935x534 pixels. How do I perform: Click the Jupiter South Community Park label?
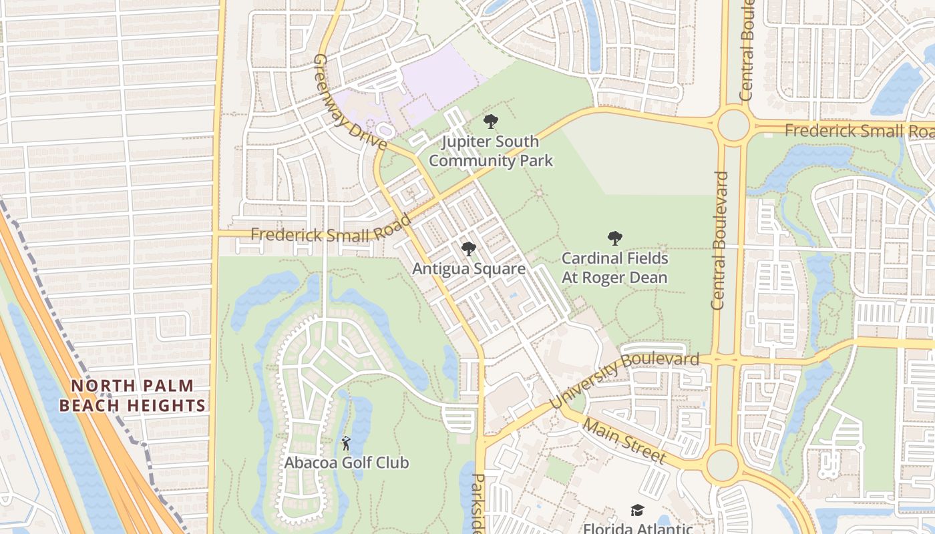491,152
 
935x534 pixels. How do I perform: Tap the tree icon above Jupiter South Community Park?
491,121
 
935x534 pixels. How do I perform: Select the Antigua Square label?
469,269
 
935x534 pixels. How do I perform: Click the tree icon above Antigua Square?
469,249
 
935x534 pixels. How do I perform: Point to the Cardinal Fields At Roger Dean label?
614,268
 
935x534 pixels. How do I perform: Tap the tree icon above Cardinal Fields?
614,238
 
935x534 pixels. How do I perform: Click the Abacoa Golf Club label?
347,463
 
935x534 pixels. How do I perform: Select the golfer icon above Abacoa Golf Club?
346,443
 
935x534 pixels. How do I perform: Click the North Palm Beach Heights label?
132,395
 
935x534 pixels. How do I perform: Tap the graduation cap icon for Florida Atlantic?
637,511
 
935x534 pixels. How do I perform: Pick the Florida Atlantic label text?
637,528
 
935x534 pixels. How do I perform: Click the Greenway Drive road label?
349,102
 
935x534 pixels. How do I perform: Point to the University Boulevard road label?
624,380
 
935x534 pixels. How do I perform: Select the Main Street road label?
624,441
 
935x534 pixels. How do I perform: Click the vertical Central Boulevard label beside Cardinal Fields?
719,240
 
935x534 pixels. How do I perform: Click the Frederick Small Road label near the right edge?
859,131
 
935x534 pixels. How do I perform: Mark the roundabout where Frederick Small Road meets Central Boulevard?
733,125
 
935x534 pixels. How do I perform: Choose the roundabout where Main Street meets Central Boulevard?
723,465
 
